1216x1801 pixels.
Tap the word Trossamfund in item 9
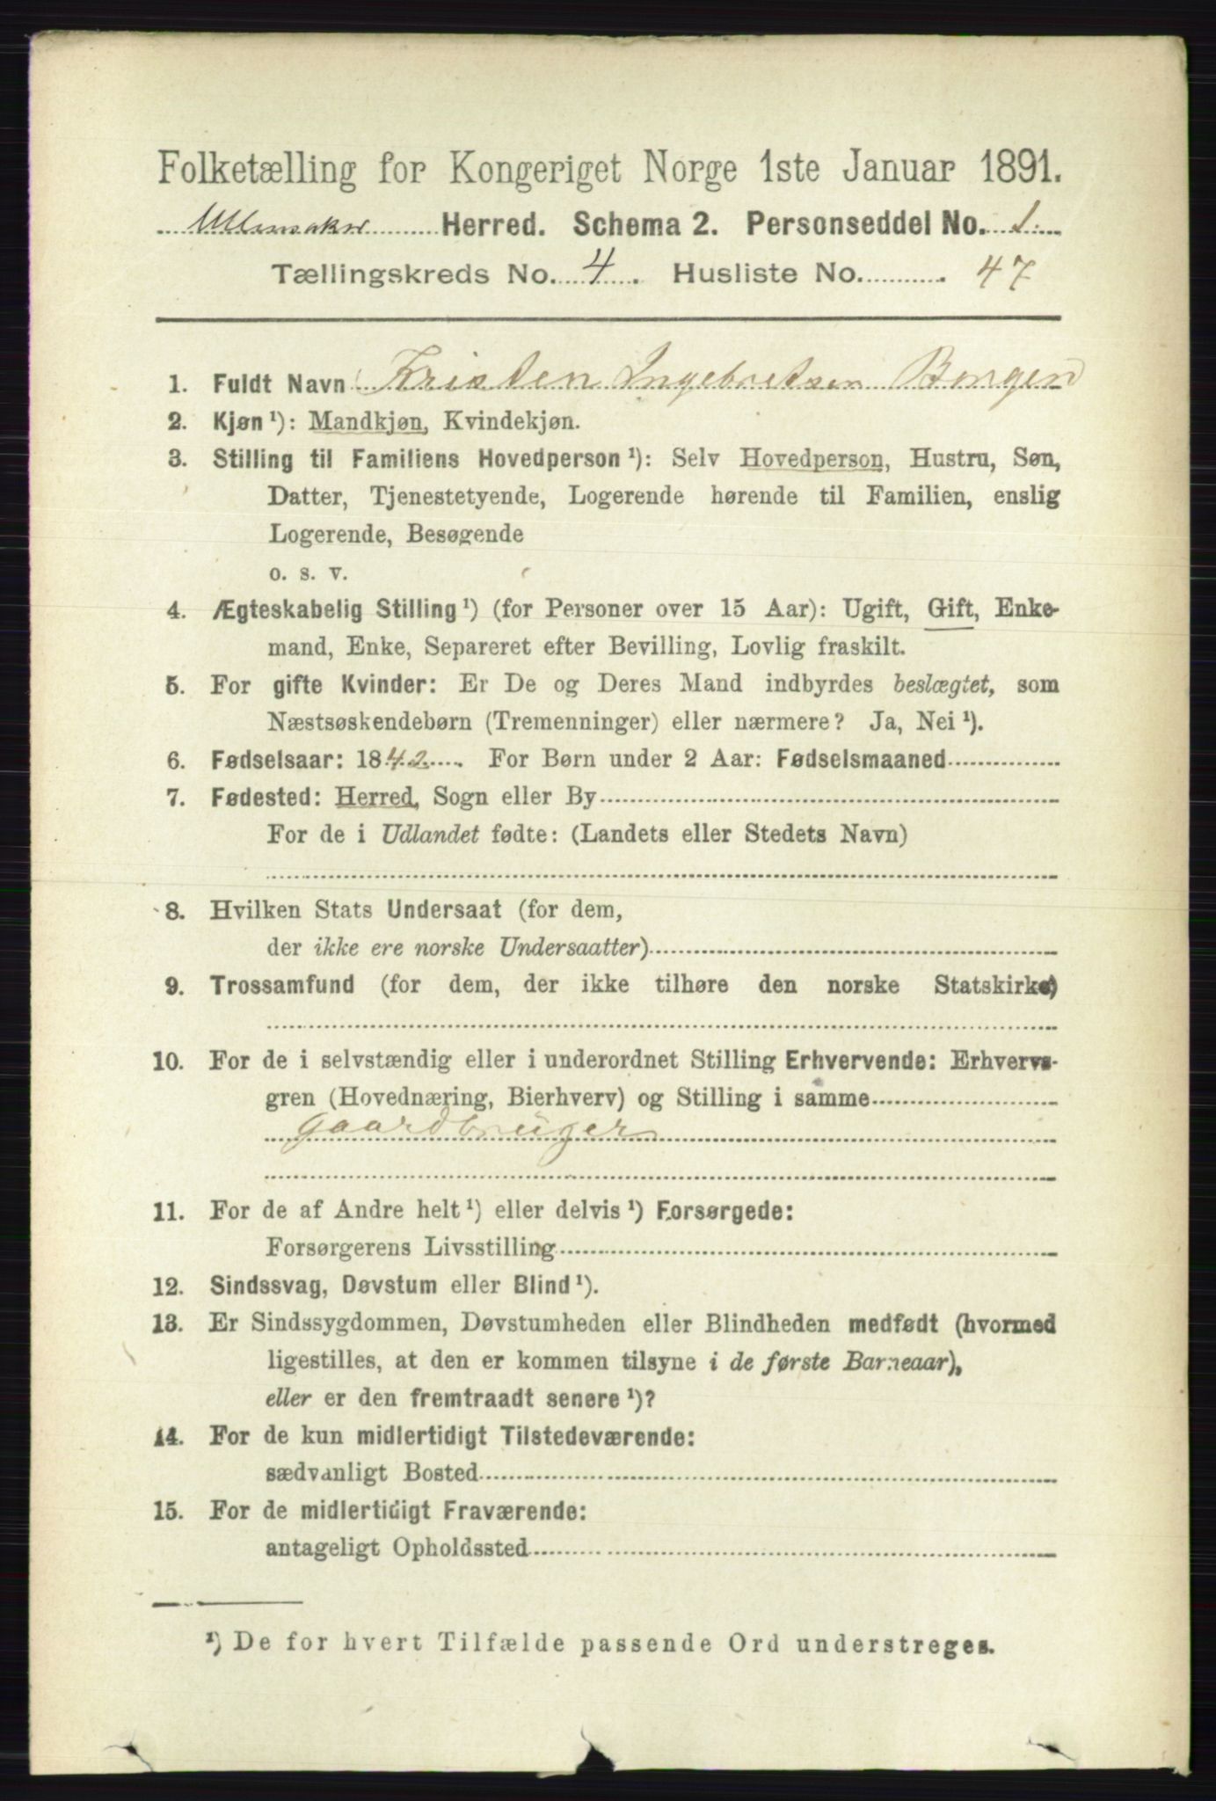[283, 985]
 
